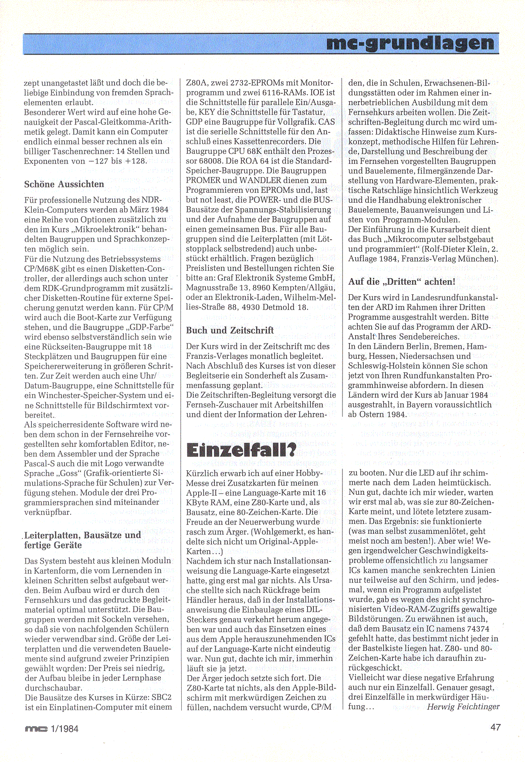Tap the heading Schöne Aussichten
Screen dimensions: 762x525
(64, 184)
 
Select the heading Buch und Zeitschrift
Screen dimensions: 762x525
(230, 330)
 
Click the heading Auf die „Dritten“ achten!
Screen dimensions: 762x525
(402, 282)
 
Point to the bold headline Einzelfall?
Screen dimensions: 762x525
(241, 450)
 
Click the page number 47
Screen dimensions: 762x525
(495, 727)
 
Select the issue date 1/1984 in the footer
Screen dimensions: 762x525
(64, 728)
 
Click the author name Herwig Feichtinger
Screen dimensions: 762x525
(463, 707)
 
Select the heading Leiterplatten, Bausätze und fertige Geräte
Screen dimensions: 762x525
(82, 540)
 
